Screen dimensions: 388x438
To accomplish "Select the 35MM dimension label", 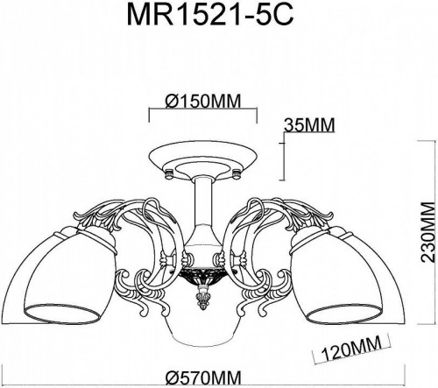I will point(310,125).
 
